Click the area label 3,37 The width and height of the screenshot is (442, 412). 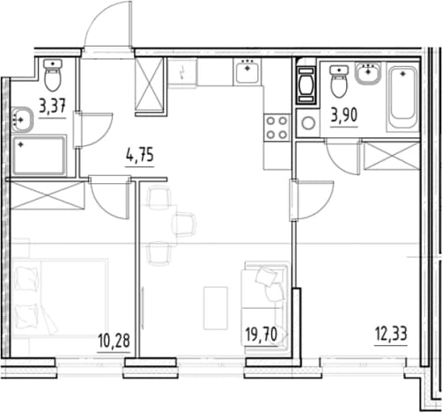[52, 107]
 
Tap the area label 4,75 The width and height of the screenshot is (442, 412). [140, 155]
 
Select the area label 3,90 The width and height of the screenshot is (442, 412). [344, 115]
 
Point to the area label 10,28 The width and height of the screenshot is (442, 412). [114, 341]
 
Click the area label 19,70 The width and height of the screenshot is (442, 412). [262, 335]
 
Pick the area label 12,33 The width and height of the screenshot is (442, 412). [391, 334]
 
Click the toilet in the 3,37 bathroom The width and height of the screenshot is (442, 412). [53, 75]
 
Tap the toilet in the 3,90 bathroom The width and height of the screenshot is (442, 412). [339, 81]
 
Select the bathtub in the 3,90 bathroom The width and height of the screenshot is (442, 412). [403, 97]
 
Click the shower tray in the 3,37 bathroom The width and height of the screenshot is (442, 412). [40, 156]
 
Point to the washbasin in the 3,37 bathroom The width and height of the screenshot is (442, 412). [22, 120]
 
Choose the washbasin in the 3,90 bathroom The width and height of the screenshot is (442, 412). [368, 72]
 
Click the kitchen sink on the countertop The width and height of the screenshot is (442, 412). [247, 71]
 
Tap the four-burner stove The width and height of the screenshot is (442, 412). [276, 128]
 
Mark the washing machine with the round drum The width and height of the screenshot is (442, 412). [308, 123]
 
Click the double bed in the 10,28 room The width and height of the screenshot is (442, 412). [60, 298]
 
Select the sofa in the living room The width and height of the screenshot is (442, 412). [264, 305]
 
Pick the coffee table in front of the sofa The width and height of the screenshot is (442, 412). [216, 308]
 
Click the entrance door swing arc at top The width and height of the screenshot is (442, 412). [101, 19]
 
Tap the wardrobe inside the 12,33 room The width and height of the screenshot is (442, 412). [391, 156]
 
